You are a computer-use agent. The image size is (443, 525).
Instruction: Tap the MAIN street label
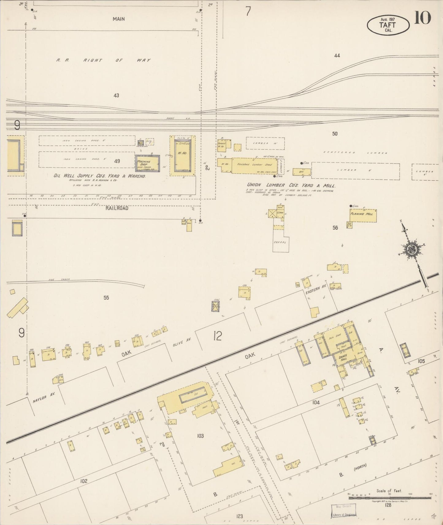[118, 19]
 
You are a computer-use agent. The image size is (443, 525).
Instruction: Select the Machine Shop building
[148, 163]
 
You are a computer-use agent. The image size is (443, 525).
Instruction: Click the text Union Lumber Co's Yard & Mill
[291, 186]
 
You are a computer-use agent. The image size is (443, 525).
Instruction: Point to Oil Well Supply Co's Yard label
[99, 176]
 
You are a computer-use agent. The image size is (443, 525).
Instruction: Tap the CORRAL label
[280, 242]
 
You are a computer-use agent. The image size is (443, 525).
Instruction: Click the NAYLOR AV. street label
[44, 397]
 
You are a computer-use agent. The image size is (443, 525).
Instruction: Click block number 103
[200, 436]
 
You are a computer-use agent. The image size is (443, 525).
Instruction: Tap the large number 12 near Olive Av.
[217, 336]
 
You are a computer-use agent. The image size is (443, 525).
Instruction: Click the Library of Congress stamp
[344, 515]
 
